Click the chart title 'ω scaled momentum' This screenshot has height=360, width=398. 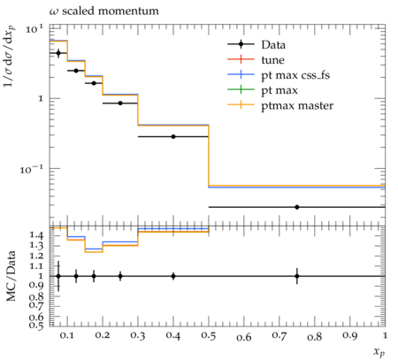103,11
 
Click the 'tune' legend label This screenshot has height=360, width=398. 272,60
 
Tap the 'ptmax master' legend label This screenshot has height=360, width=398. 297,105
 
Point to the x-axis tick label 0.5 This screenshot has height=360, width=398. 209,336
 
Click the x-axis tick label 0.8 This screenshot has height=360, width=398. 315,336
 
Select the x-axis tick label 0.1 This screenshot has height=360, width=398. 67,336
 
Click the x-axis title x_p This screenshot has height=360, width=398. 379,352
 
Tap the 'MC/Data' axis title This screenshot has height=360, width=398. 11,276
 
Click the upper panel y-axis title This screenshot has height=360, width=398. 9,57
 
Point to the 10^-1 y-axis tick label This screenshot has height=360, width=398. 32,169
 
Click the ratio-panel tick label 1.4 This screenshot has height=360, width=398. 36,235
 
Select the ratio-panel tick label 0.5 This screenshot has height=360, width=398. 36,326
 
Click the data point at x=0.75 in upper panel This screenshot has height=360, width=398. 297,207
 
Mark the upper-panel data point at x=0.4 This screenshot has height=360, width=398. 173,137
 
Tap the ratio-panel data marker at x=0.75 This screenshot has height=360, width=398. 297,276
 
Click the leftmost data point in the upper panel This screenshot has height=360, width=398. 58,53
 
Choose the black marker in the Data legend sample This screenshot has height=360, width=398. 241,44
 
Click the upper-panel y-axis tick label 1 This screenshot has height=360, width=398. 41,99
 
